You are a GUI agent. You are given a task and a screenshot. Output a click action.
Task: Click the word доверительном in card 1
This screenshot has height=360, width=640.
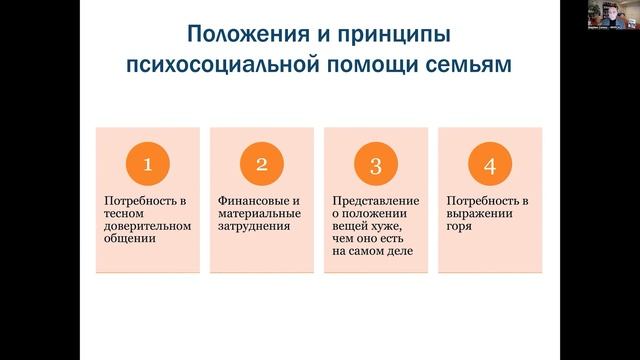pos(139,226)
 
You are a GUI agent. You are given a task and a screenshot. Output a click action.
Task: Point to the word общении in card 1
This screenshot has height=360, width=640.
pos(126,239)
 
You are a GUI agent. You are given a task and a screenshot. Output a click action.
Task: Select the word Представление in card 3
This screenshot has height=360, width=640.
pos(369,200)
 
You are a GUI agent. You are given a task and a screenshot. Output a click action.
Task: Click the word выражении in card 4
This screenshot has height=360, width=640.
pos(472,213)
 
